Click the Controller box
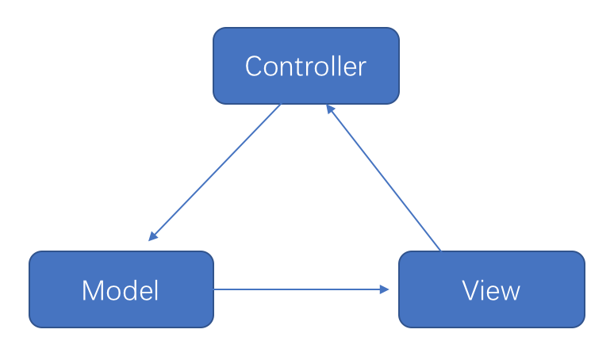[x=305, y=66]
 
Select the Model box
[x=121, y=289]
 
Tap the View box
[x=491, y=289]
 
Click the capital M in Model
[x=93, y=291]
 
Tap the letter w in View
[x=510, y=293]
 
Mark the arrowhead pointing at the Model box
[x=152, y=237]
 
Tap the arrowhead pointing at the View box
[x=386, y=289]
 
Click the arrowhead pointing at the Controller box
[x=329, y=109]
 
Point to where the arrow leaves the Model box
[x=214, y=289]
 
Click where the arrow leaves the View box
[x=440, y=251]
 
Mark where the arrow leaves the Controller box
[x=281, y=105]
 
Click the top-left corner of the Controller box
[x=216, y=30]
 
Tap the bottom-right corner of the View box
[x=582, y=325]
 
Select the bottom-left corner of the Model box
[x=32, y=325]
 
